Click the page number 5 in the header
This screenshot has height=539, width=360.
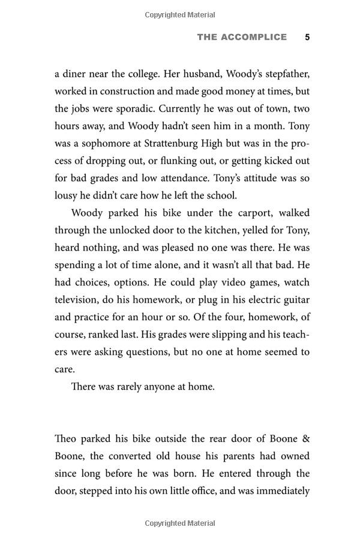307,37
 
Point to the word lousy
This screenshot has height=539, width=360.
67,195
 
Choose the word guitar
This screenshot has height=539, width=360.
293,300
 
